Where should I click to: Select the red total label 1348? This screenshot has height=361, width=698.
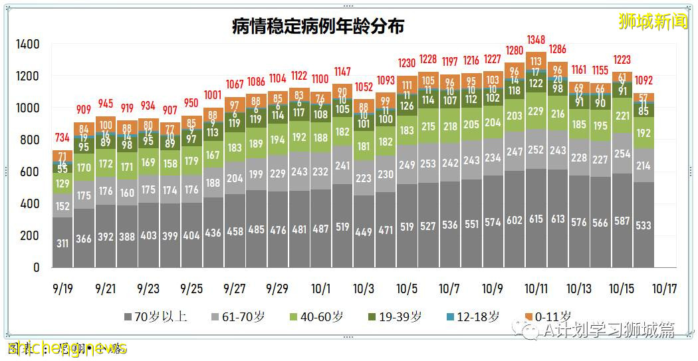coord(536,39)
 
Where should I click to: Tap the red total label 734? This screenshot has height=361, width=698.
coord(62,138)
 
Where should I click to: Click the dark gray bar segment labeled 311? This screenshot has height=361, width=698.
coord(62,244)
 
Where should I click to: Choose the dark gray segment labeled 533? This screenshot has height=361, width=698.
coord(643,226)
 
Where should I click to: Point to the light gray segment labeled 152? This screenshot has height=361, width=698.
coord(62,206)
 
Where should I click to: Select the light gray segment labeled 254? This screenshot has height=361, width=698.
coord(622,154)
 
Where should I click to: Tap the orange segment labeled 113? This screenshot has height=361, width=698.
coord(536,62)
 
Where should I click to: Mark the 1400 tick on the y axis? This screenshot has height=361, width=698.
coord(28,45)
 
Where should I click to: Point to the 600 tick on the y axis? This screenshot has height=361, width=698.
coord(31,172)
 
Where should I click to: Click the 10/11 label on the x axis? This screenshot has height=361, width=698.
coord(536,289)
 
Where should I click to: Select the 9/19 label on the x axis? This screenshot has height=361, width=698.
coord(62,289)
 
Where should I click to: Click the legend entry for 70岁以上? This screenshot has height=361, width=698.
coord(157,317)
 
